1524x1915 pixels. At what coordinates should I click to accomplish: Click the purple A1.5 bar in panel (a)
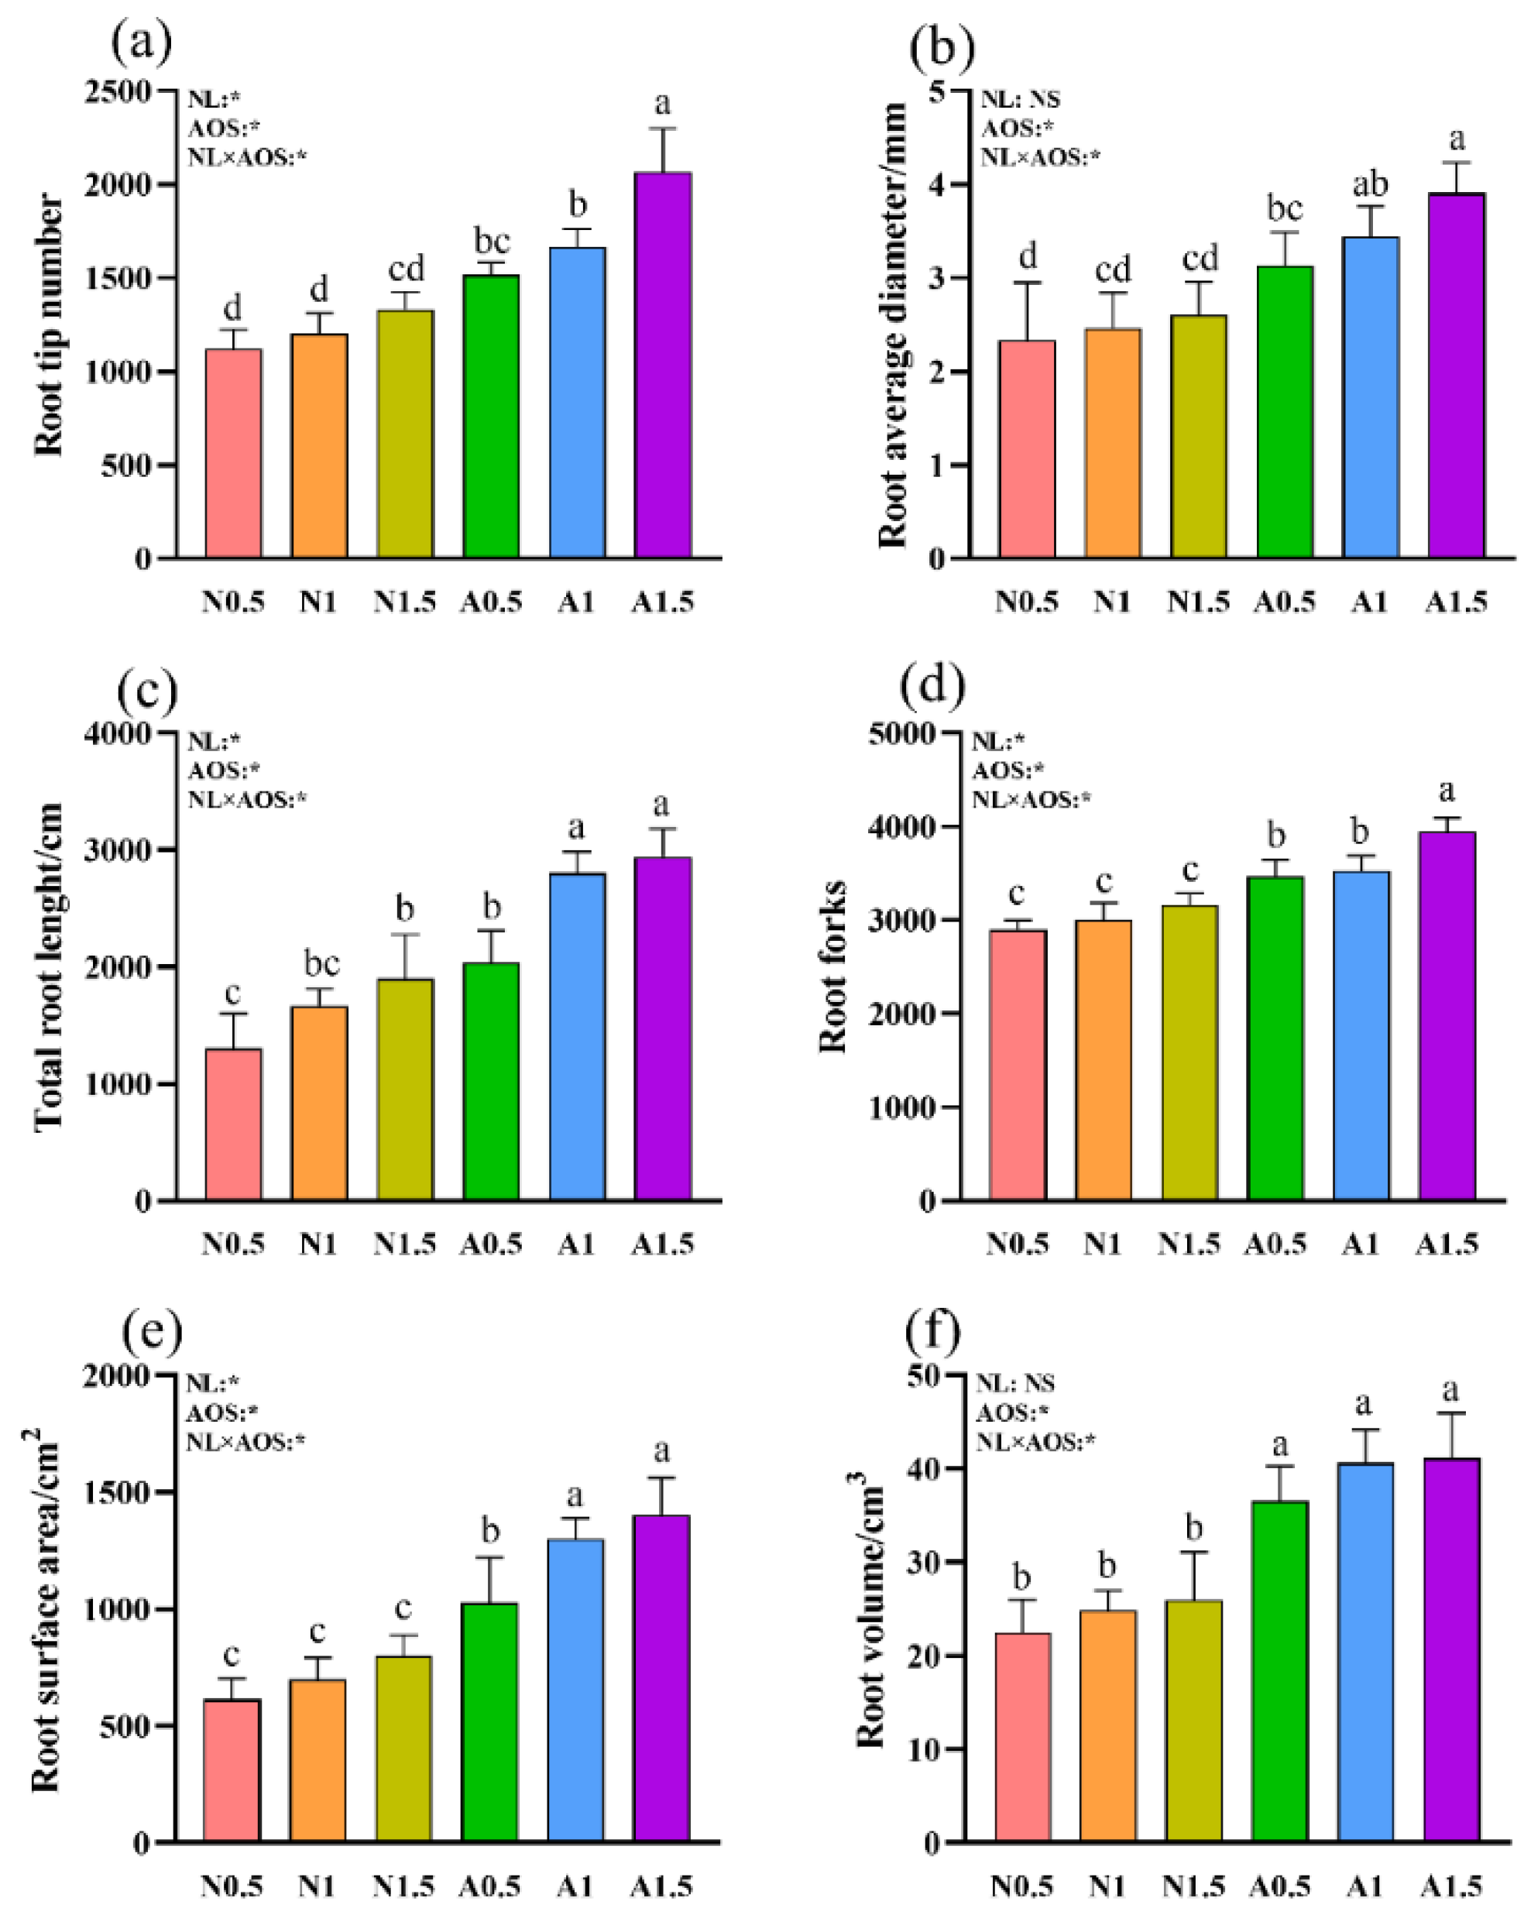(663, 366)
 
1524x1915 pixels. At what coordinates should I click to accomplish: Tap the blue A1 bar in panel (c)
(577, 1037)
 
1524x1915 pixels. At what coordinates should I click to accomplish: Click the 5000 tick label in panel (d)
(901, 733)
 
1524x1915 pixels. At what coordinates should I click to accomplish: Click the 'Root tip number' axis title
(50, 325)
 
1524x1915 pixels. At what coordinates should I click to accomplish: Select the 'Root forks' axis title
(833, 967)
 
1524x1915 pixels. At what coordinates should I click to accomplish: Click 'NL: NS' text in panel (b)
(1020, 99)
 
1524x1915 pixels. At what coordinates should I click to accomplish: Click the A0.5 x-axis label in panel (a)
(490, 603)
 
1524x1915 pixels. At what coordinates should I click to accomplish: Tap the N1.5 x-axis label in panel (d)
(1188, 1244)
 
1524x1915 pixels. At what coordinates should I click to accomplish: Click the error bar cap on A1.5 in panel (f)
(1451, 1413)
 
